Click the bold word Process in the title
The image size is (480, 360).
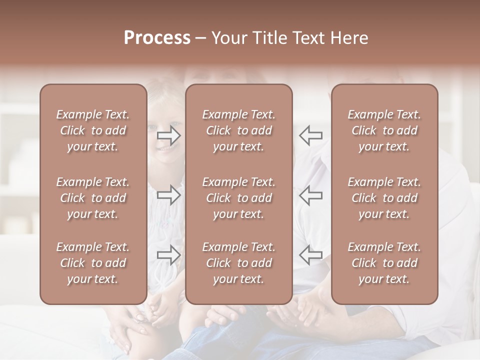[157, 38]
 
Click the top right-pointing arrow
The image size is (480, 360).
[169, 135]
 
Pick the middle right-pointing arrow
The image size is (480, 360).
[169, 195]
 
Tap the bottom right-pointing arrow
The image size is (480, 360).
[169, 254]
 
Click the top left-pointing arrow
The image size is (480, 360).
[310, 135]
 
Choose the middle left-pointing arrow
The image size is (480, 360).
[310, 195]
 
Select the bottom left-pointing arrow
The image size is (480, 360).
[310, 254]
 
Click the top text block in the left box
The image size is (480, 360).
[93, 130]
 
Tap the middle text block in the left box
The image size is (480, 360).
[93, 198]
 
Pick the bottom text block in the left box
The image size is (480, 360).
[93, 263]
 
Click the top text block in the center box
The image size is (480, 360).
[238, 130]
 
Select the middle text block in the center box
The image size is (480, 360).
[238, 198]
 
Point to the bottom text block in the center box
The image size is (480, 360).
[238, 263]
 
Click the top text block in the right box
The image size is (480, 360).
[384, 130]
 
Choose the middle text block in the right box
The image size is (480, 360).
[384, 198]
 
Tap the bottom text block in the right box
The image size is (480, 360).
[384, 263]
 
